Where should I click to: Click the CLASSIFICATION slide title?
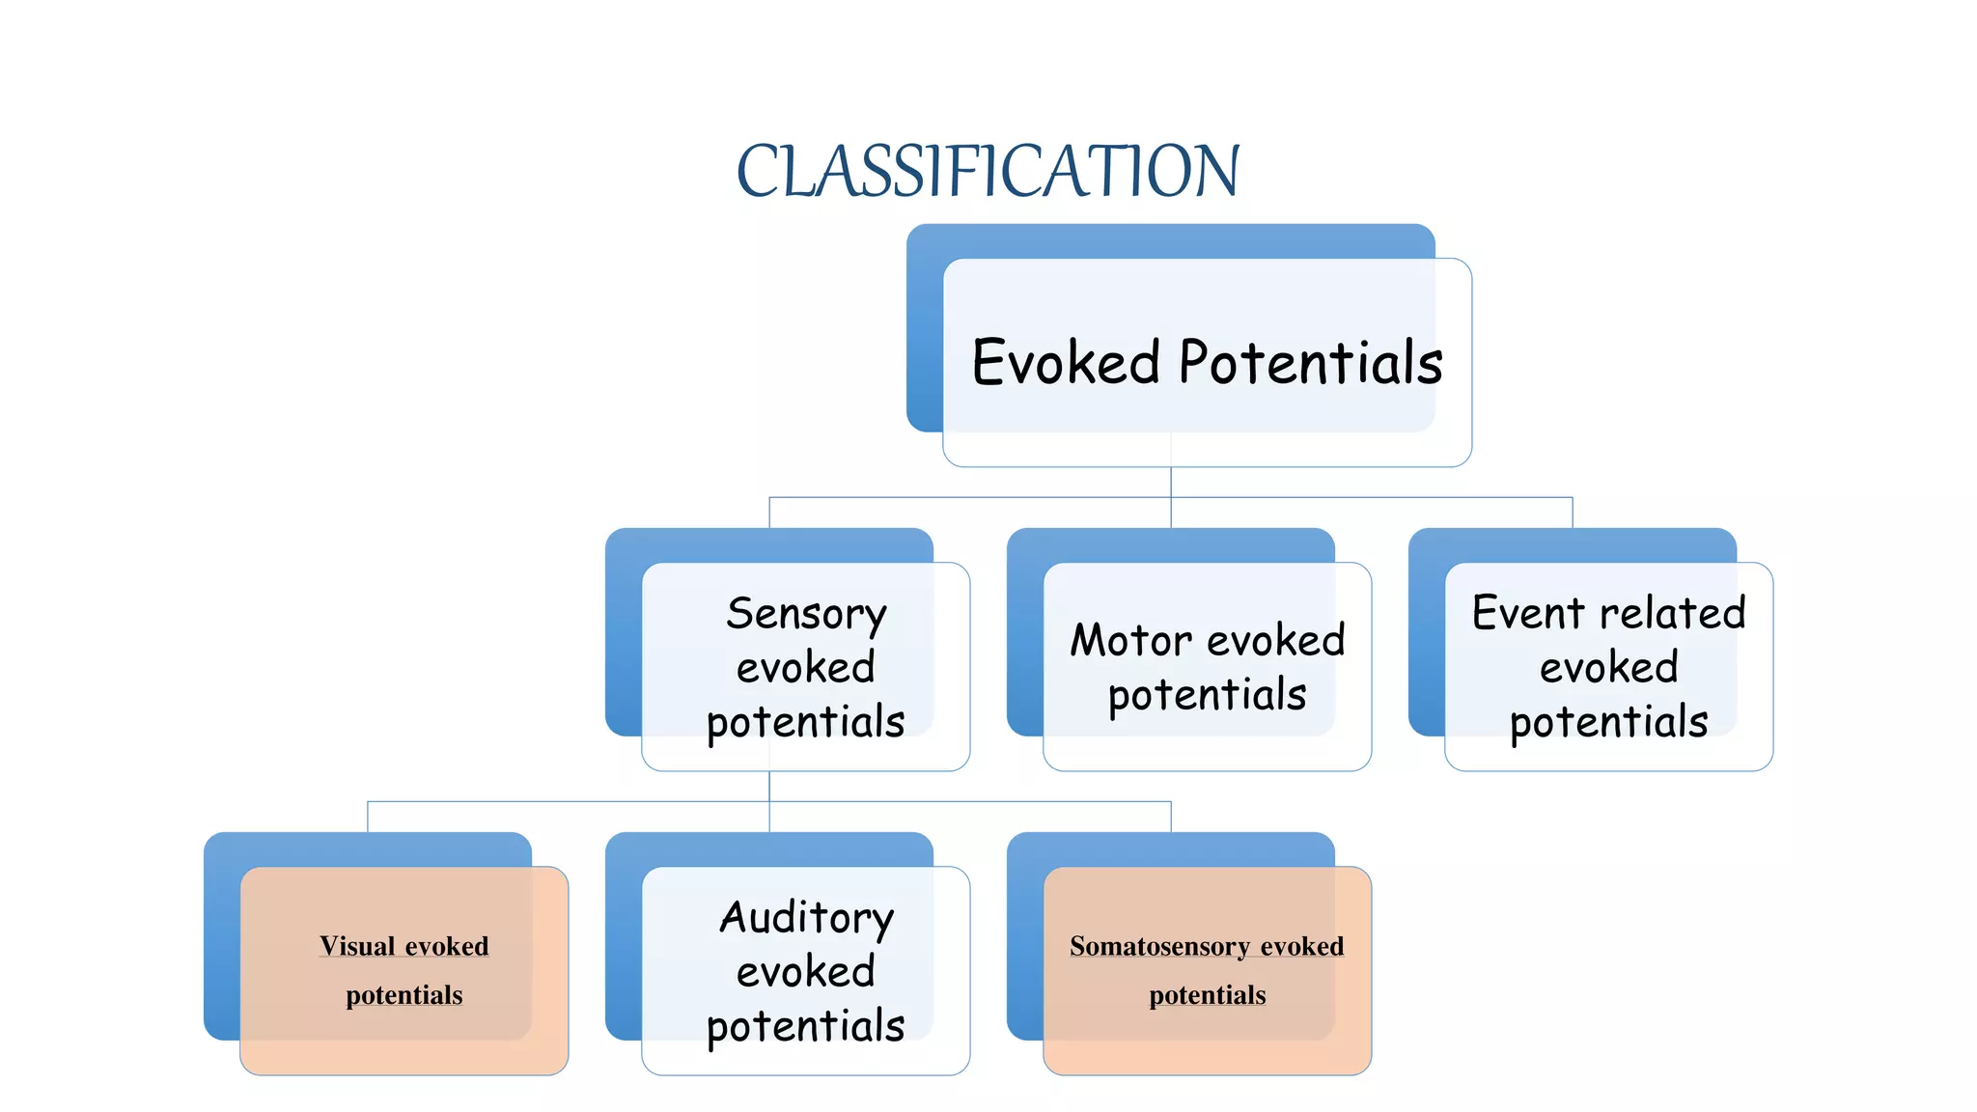(x=988, y=171)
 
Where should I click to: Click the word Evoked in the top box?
(x=1066, y=363)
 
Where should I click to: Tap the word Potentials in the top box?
(x=1311, y=363)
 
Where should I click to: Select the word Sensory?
(x=806, y=614)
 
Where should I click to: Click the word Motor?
(x=1130, y=640)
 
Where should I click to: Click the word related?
(x=1672, y=613)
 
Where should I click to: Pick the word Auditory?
(x=807, y=918)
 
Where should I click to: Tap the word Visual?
(x=357, y=946)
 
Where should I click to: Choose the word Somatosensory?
(x=1159, y=946)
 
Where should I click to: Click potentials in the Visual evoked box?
(x=404, y=995)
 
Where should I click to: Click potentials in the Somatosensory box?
(x=1208, y=995)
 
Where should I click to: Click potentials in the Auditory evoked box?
(x=806, y=1026)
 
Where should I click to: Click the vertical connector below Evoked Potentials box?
(x=1171, y=483)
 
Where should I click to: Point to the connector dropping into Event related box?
(x=1573, y=513)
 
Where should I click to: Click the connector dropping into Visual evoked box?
(x=368, y=817)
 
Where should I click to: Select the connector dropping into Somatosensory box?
(x=1171, y=817)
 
